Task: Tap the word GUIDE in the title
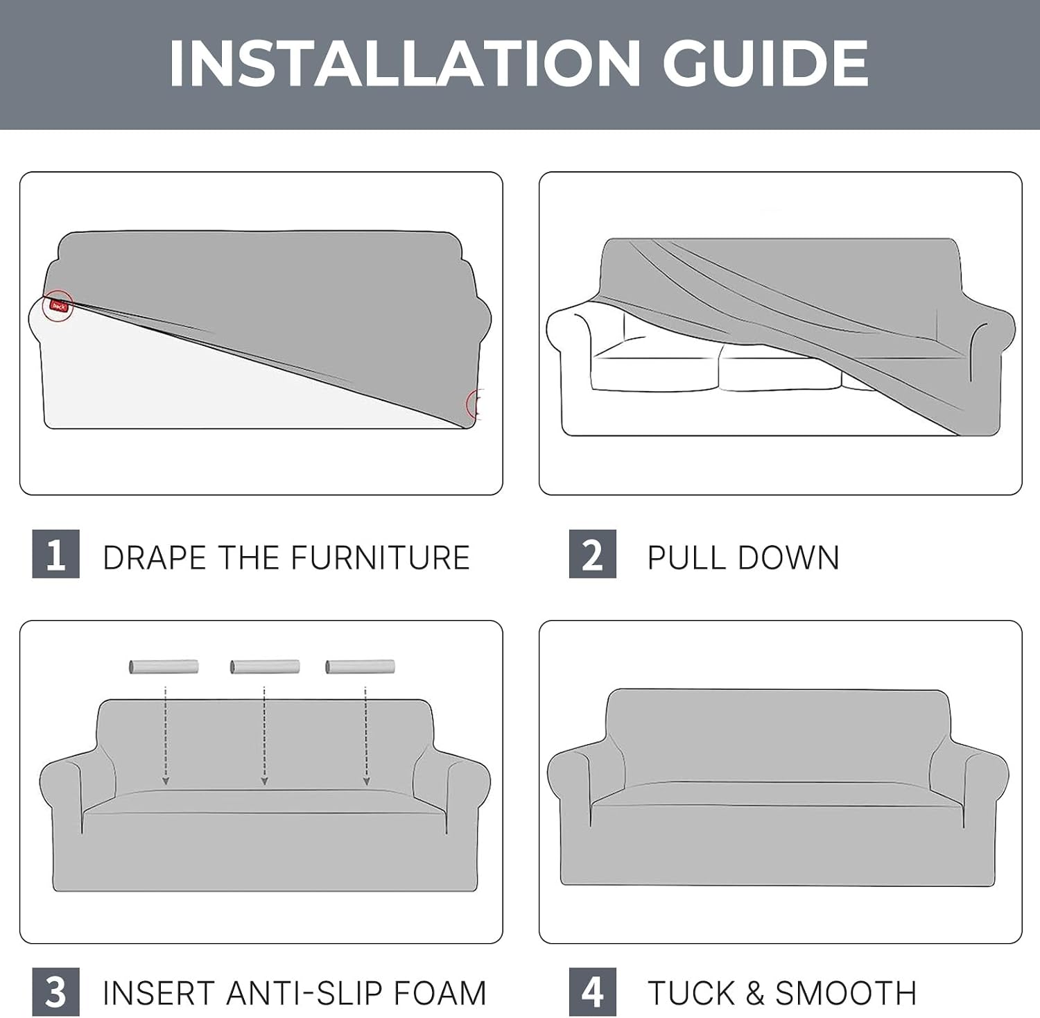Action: (x=765, y=64)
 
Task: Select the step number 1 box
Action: (x=56, y=553)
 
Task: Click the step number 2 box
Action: (x=593, y=553)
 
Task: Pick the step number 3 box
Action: (x=56, y=992)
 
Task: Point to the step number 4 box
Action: (x=593, y=992)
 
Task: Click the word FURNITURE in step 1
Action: (x=380, y=558)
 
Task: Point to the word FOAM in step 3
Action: (x=440, y=993)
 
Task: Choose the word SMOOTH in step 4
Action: (x=847, y=993)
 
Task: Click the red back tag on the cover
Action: (x=59, y=306)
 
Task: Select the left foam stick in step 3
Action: (x=164, y=666)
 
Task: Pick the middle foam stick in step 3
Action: (x=265, y=666)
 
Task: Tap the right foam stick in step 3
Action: (x=360, y=666)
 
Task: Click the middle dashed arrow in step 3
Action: (x=264, y=736)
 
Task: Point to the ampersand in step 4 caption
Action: (x=755, y=993)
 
